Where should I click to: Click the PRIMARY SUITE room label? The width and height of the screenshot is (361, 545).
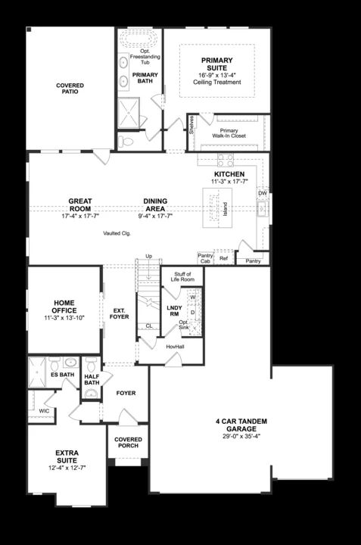(x=216, y=64)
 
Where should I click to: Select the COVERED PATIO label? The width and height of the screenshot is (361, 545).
(x=70, y=89)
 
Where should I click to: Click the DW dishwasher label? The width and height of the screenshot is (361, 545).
(x=262, y=193)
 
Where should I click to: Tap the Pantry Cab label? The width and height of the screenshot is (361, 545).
(x=205, y=258)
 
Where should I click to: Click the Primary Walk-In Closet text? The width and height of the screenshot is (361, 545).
(x=234, y=133)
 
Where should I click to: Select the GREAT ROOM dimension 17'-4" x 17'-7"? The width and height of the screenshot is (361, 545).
(x=80, y=216)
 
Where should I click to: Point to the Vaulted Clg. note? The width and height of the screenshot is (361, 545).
(x=118, y=233)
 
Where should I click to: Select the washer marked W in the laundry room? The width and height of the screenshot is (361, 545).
(x=192, y=298)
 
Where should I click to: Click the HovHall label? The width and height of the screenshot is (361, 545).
(x=176, y=346)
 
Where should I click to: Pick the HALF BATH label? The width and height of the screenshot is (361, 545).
(x=92, y=378)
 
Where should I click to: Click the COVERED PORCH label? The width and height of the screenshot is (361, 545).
(x=128, y=443)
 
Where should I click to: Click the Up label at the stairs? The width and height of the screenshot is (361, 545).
(x=148, y=256)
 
